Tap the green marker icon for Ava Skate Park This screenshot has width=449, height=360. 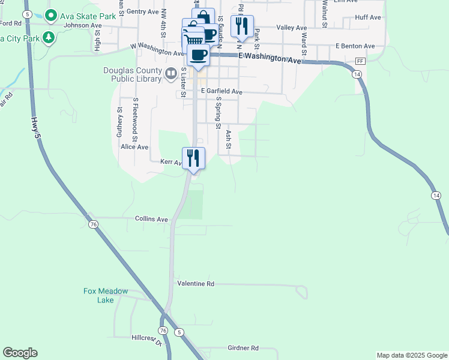(x=51, y=16)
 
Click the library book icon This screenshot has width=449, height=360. (x=171, y=74)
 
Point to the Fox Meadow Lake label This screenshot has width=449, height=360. (x=106, y=295)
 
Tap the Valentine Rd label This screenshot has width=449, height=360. (x=196, y=283)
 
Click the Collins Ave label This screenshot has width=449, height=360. (x=151, y=220)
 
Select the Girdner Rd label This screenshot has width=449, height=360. (x=243, y=348)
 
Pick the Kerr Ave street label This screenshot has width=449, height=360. (x=170, y=162)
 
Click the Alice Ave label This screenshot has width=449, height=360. (x=134, y=147)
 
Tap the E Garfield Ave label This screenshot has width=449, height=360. (x=221, y=91)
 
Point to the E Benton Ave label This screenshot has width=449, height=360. (x=355, y=46)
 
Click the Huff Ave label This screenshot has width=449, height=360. (x=368, y=17)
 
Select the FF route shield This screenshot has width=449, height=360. (x=360, y=62)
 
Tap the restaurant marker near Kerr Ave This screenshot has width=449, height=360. (x=193, y=158)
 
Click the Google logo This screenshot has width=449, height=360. (x=20, y=353)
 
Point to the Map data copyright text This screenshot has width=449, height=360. (x=412, y=355)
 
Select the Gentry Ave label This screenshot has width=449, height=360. (x=142, y=11)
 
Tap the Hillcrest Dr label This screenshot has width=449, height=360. (x=146, y=340)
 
